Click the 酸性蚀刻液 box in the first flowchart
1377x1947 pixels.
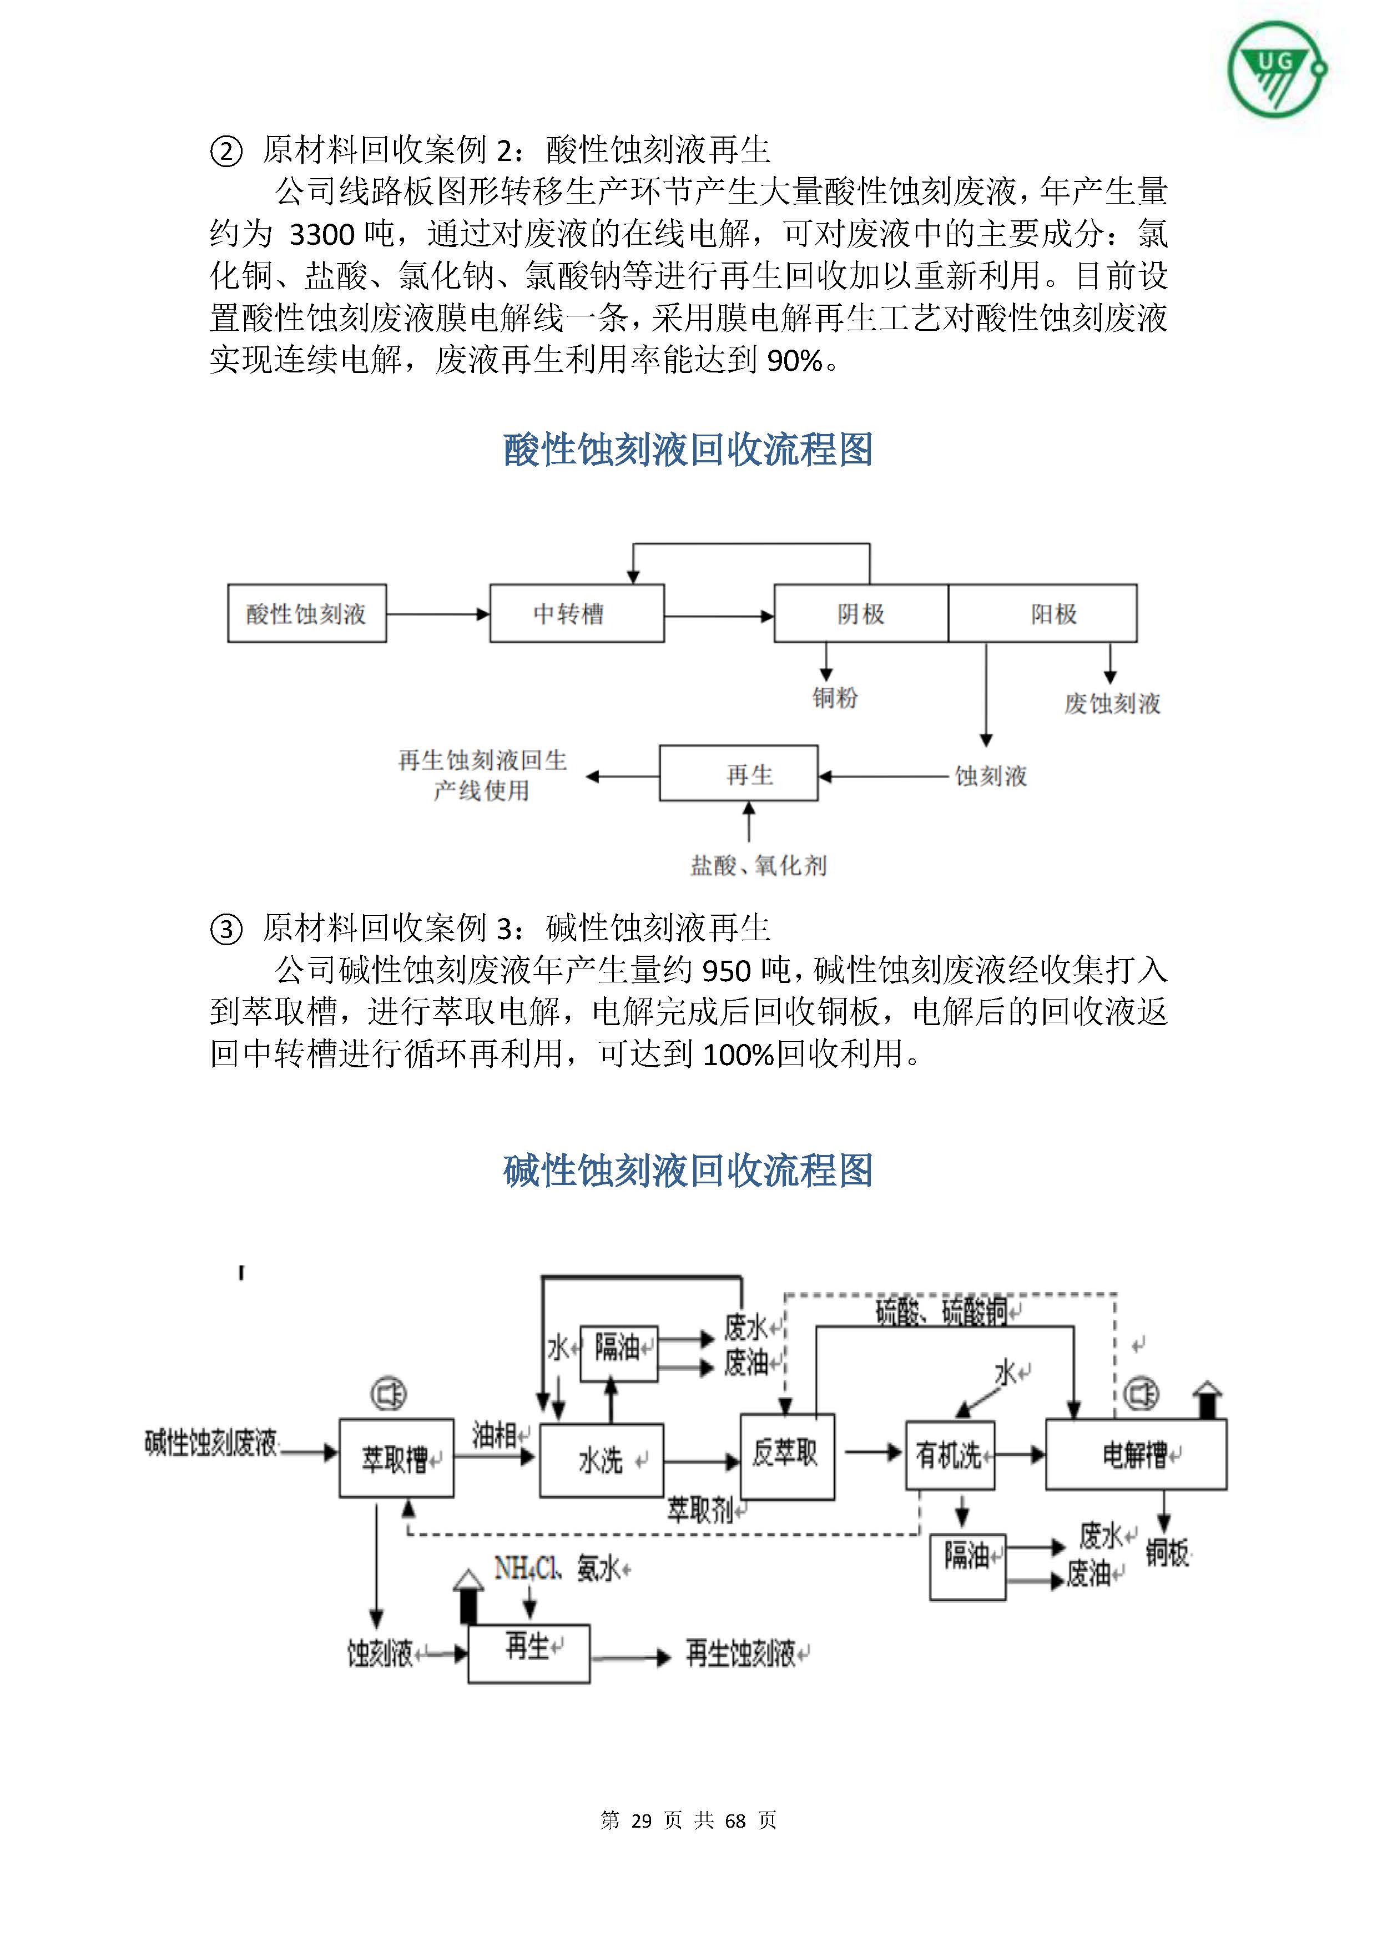tap(306, 613)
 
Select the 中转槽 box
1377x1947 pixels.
tap(577, 613)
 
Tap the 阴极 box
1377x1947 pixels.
tap(861, 613)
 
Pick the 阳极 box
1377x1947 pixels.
tap(1042, 613)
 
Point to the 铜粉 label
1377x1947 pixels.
tap(835, 698)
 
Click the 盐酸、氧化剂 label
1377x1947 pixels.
tap(758, 866)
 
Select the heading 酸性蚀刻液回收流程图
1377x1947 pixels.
tap(688, 450)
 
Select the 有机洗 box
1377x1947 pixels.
tap(950, 1455)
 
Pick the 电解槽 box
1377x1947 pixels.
tap(1136, 1455)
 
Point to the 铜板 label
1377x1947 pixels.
tap(1168, 1553)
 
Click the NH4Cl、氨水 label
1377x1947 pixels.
tap(561, 1570)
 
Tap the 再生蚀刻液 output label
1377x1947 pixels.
tap(741, 1653)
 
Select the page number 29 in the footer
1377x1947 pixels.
tap(641, 1820)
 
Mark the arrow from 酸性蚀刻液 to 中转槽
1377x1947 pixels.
tap(437, 613)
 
